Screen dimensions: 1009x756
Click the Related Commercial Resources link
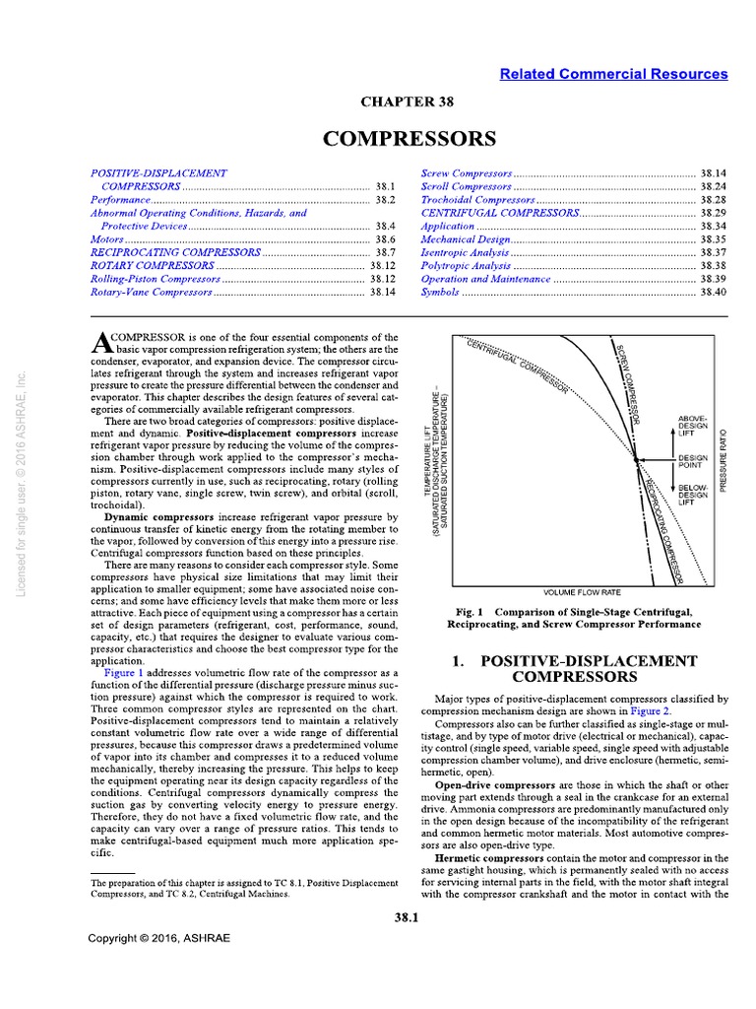pyautogui.click(x=613, y=74)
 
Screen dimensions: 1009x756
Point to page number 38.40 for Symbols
pyautogui.click(x=713, y=293)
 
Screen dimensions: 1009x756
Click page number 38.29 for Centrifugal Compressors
pyautogui.click(x=713, y=213)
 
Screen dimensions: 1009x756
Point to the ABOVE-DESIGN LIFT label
pyautogui.click(x=693, y=425)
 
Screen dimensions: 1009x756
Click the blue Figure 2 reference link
pyautogui.click(x=652, y=709)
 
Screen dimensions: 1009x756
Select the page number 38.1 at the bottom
pyautogui.click(x=406, y=918)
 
